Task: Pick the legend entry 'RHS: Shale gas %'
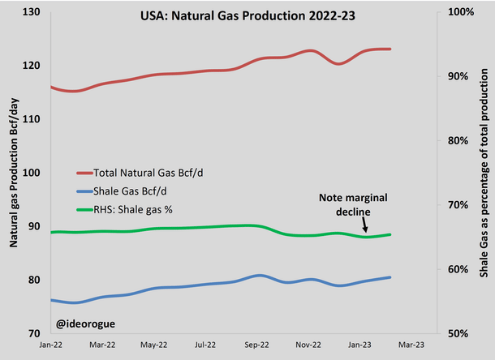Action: click(136, 210)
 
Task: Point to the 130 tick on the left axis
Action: click(32, 11)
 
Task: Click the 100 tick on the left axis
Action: click(32, 173)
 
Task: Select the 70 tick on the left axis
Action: click(34, 333)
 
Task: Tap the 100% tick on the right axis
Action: click(461, 11)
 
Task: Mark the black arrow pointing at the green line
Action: click(366, 226)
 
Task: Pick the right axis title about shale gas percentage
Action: click(484, 172)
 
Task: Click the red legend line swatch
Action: click(84, 173)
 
